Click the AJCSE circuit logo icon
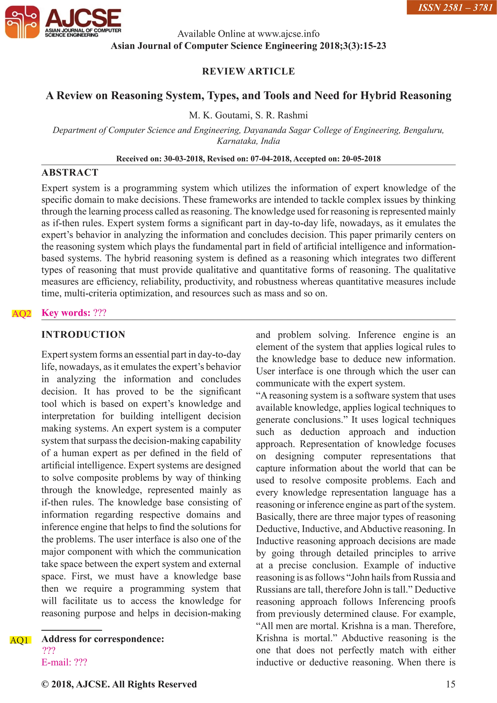(x=22, y=22)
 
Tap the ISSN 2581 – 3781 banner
(x=451, y=7)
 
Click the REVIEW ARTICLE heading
(x=248, y=71)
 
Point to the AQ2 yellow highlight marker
(x=21, y=313)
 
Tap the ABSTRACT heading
(x=70, y=173)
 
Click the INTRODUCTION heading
(x=83, y=334)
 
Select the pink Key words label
(x=66, y=313)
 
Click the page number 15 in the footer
(x=450, y=684)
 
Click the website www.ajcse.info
(x=288, y=34)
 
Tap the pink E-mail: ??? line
(x=64, y=662)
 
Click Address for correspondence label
(x=103, y=639)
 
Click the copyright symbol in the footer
(x=45, y=684)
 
